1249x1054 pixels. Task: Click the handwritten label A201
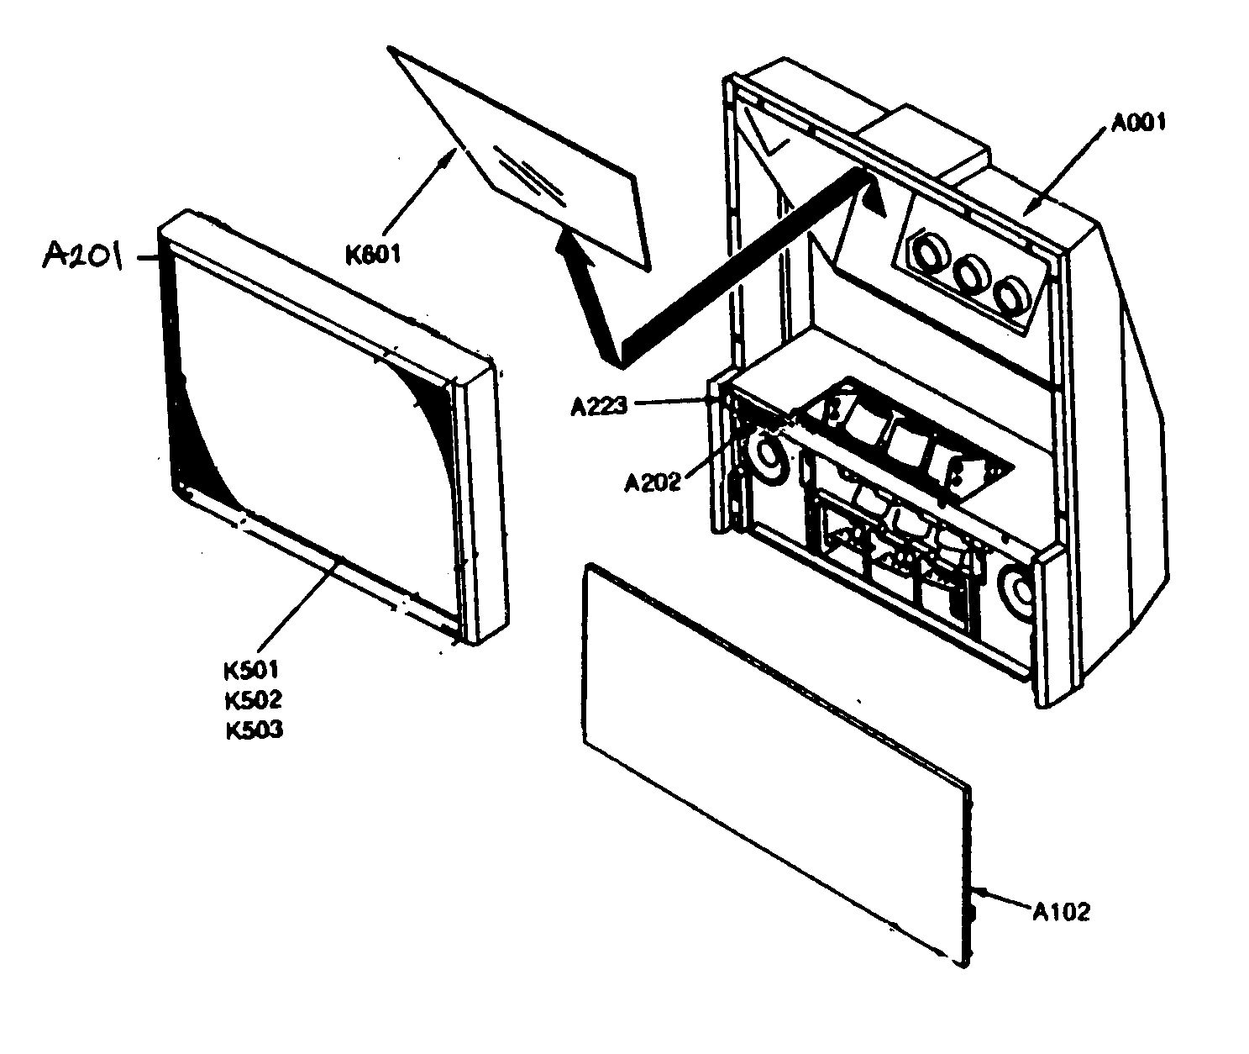(x=82, y=254)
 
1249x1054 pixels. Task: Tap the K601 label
(x=374, y=251)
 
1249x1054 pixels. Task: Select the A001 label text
(x=1138, y=124)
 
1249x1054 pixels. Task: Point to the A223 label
(x=599, y=407)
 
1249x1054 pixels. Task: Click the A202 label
(x=652, y=483)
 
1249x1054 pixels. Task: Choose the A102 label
(x=1061, y=911)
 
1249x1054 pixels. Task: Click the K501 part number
(x=251, y=670)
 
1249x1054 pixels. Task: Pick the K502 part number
(x=252, y=699)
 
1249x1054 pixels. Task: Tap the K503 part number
(x=253, y=730)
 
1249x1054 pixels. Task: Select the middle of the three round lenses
(x=973, y=273)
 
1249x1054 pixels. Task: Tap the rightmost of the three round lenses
(x=1011, y=298)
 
